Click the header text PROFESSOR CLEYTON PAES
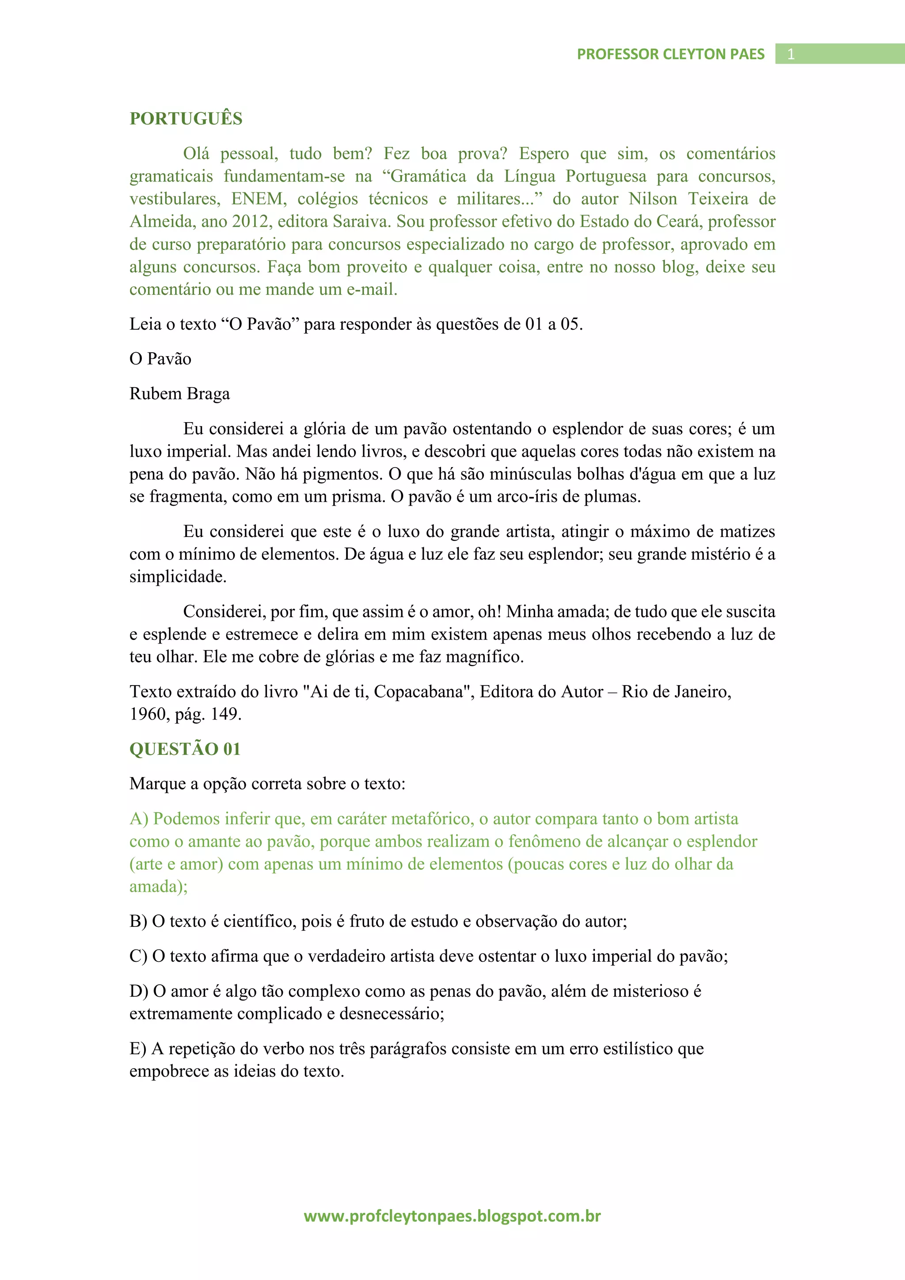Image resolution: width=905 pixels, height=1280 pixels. click(670, 54)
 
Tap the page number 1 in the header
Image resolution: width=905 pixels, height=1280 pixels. click(790, 54)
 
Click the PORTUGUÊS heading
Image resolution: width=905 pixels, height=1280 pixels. click(186, 119)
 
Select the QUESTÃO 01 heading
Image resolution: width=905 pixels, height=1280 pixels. click(185, 749)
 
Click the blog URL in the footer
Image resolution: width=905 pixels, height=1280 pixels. click(452, 1215)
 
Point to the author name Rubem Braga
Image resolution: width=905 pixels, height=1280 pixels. click(179, 393)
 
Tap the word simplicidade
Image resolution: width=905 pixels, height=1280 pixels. click(177, 576)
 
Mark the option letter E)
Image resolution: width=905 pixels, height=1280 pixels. click(137, 1049)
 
